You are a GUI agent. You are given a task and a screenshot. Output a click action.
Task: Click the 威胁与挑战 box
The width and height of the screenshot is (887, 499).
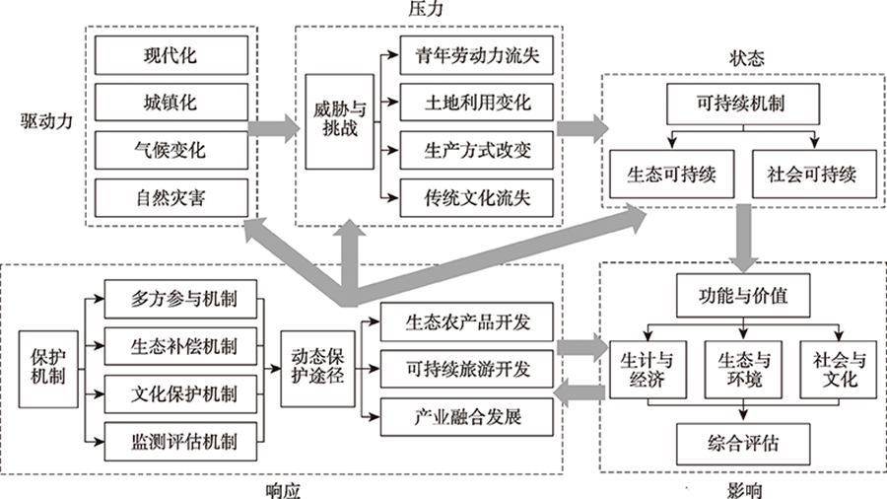click(333, 127)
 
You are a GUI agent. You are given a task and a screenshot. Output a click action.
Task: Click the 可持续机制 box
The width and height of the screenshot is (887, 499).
click(742, 104)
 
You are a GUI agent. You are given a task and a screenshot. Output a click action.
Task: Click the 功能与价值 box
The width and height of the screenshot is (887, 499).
click(742, 294)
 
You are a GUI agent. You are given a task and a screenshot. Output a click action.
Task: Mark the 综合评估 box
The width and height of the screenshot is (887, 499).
click(742, 441)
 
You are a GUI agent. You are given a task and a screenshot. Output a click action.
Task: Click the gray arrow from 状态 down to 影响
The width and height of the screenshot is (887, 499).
click(742, 239)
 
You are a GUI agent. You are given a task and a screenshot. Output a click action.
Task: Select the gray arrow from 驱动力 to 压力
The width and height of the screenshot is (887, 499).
click(274, 127)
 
